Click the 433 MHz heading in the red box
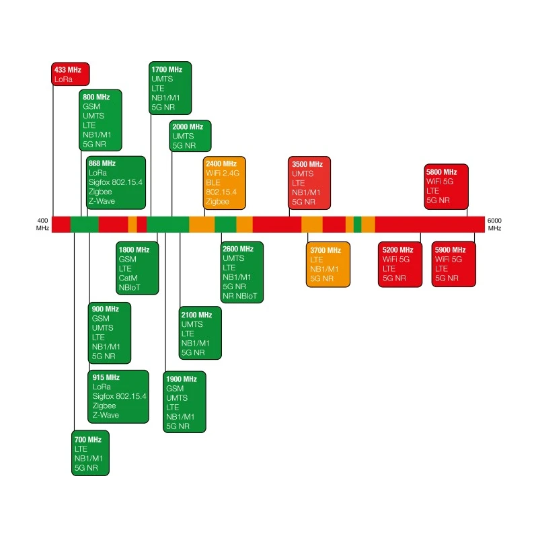tap(68, 70)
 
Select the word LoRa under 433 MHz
tap(63, 79)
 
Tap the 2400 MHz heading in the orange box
tap(221, 163)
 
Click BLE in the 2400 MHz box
tap(213, 182)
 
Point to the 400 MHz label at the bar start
tap(42, 224)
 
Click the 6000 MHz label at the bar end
tap(494, 224)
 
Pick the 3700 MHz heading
tap(325, 250)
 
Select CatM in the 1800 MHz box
tap(128, 278)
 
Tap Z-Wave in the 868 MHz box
tap(102, 201)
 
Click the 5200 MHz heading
tap(397, 249)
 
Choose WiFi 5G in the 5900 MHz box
tap(449, 259)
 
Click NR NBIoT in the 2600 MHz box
tap(240, 296)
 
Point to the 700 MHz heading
tap(88, 440)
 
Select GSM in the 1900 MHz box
tap(175, 389)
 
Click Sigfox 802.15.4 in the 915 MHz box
tap(120, 396)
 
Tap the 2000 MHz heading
tap(188, 126)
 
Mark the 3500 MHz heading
tap(307, 164)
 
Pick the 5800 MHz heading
tap(442, 172)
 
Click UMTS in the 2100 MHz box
tap(192, 324)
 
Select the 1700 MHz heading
tap(167, 69)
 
